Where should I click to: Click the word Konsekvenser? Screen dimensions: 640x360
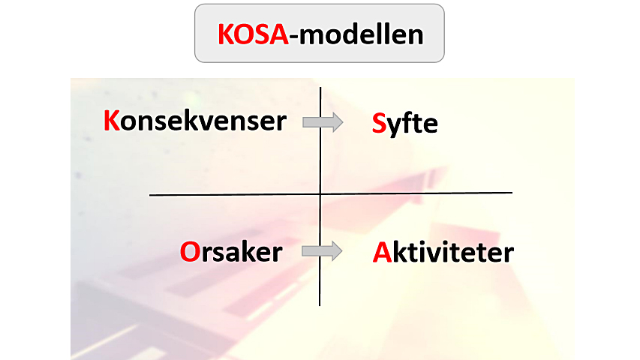coord(194,121)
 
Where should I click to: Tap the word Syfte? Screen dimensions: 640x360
coord(404,124)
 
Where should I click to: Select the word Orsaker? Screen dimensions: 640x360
coord(231,251)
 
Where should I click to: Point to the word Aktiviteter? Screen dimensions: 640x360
coord(443,252)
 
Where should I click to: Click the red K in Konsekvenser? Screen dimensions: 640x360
coord(112,121)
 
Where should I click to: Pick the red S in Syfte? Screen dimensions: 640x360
coord(379,123)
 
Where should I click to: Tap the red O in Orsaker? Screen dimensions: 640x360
coord(191,252)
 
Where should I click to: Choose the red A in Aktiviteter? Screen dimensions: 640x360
coord(383,252)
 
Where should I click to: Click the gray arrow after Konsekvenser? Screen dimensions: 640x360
coord(323,122)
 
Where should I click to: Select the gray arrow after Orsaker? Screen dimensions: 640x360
coord(322,251)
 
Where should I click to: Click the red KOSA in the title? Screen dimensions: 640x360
coord(253,34)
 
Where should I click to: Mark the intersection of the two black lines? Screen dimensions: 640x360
coord(320,194)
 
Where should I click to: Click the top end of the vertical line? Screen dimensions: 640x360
coord(320,87)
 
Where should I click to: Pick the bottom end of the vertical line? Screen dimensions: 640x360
coord(320,305)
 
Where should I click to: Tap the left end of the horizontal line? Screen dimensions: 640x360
coord(149,195)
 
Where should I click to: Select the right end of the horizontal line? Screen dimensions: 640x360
coord(512,193)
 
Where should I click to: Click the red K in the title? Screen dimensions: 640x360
coord(226,34)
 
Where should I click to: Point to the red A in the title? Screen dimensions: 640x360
coord(279,34)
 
